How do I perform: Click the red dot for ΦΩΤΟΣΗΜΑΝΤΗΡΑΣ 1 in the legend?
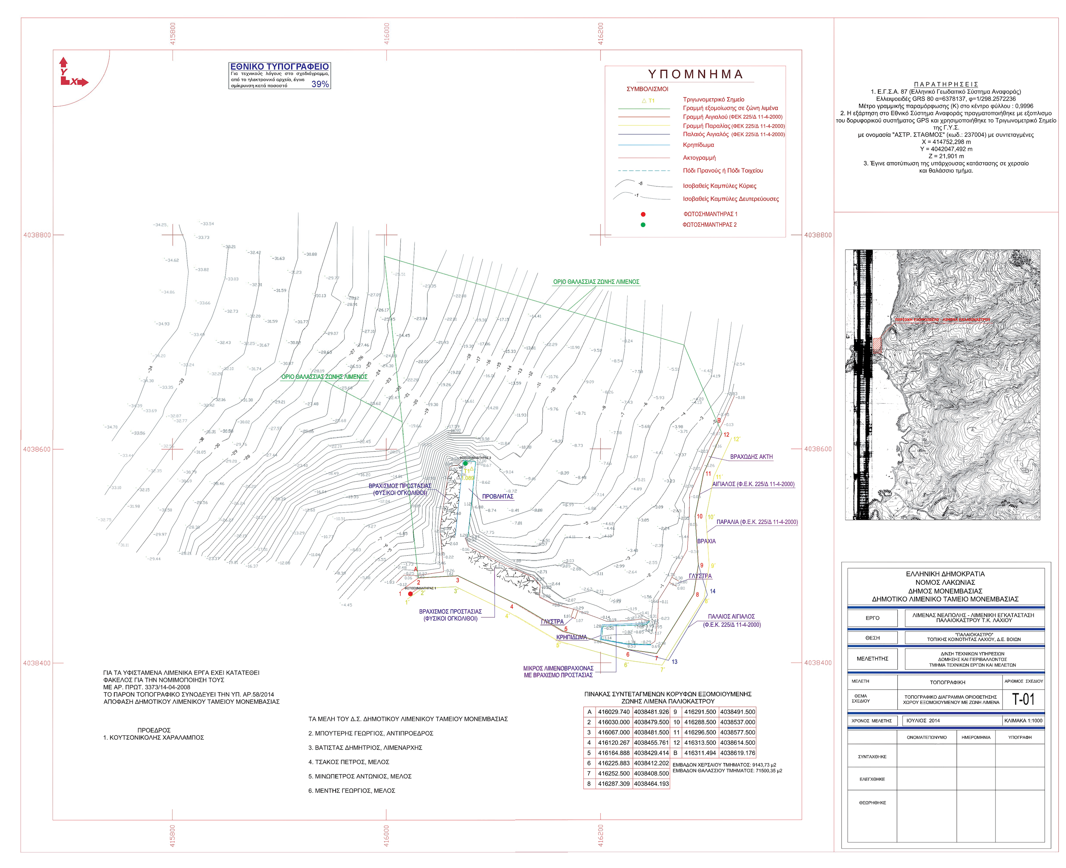pos(643,214)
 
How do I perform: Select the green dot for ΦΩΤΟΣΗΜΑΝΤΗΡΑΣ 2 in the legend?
pos(643,225)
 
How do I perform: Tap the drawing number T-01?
pos(1023,699)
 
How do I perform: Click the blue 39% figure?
pos(320,84)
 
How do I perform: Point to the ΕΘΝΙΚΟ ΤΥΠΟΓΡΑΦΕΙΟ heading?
pos(279,67)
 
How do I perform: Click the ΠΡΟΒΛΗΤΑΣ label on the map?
pos(498,496)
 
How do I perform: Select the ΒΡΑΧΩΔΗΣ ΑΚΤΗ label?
pos(751,457)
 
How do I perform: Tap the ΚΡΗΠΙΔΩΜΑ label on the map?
pos(571,637)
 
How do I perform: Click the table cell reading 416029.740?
pos(613,712)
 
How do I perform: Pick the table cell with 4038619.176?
pos(737,753)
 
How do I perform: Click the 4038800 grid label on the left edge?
pos(37,235)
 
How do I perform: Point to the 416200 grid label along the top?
pos(600,34)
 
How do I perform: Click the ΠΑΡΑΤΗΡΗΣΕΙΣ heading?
pos(946,85)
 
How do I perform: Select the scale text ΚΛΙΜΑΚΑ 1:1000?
pos(1023,721)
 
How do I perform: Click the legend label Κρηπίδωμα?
pos(698,145)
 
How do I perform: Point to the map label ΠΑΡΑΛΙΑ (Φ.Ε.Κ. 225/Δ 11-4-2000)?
pos(756,522)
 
